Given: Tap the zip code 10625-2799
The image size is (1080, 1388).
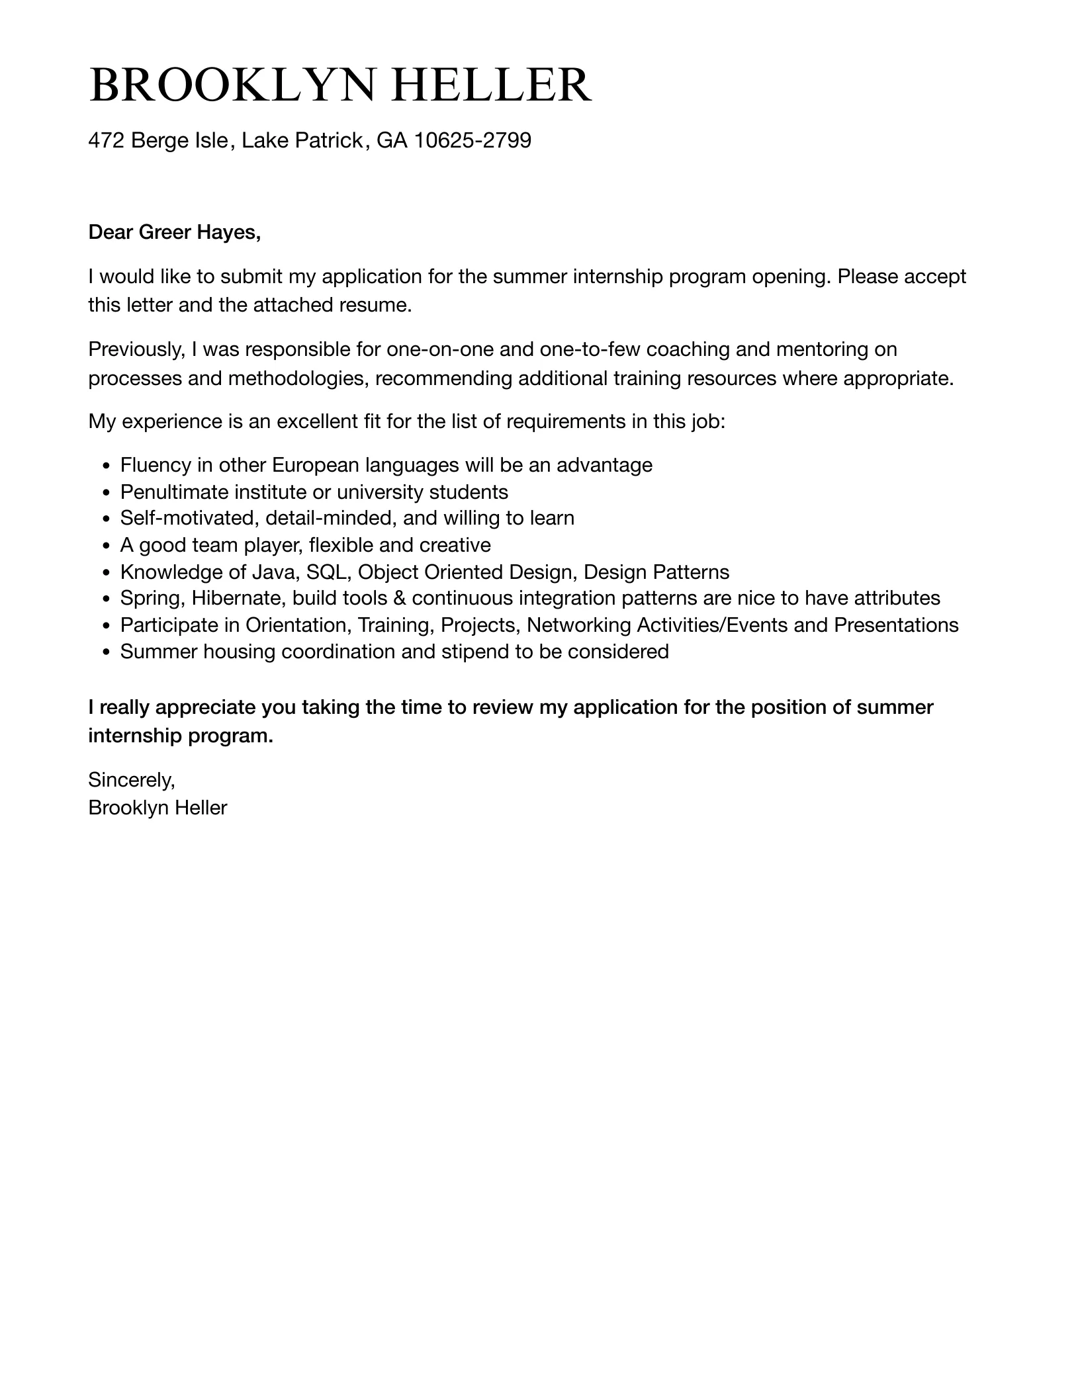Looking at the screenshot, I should (x=472, y=140).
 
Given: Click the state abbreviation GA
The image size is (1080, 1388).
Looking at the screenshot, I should (x=392, y=140).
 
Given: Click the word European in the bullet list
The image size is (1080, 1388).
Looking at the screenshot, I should (x=316, y=465).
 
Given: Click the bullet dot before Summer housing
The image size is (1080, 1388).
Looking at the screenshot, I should (x=107, y=653).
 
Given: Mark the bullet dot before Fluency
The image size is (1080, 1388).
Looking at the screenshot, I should (x=107, y=466).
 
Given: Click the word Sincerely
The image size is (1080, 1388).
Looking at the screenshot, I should (x=132, y=781).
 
